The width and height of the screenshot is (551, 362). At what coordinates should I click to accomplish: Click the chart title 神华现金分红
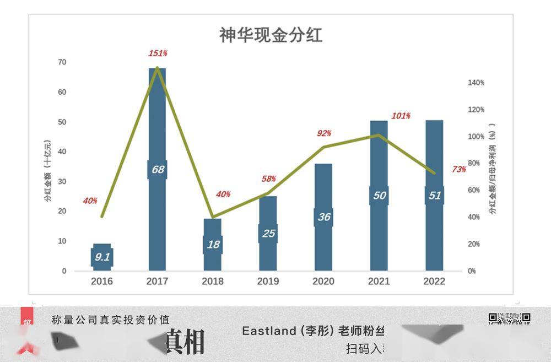coord(271,35)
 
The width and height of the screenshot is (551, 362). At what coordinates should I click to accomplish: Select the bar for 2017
coord(157,121)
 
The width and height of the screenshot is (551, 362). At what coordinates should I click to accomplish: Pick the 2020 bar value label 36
coord(324,217)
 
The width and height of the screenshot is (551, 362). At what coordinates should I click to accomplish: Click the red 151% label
coord(158,53)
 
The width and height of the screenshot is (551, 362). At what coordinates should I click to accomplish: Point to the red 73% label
coord(459,169)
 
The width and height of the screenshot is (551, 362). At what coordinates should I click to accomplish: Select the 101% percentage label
coord(401,116)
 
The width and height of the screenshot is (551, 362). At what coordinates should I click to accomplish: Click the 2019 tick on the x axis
coord(268,282)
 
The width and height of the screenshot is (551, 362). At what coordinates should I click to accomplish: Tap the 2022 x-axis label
coord(434,282)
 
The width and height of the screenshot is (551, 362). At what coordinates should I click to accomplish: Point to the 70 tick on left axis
coord(62,62)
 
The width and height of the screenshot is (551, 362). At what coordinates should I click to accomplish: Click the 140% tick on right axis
coord(476,83)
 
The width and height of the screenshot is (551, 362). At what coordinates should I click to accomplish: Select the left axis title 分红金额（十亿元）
coord(48,171)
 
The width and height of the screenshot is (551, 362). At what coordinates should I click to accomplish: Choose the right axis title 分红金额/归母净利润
coord(492,168)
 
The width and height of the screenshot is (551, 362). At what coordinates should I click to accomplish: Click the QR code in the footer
coord(509,318)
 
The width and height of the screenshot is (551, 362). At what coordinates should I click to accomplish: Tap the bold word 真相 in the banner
coord(185,342)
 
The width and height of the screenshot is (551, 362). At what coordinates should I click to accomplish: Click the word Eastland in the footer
coord(269,331)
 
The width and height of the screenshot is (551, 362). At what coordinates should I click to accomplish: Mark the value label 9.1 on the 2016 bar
coord(102,257)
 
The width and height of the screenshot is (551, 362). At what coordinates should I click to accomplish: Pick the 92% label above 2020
coord(324,133)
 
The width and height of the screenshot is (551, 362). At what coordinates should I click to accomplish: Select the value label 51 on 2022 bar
coord(435,195)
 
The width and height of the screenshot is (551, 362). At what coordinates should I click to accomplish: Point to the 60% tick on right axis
coord(476,190)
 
